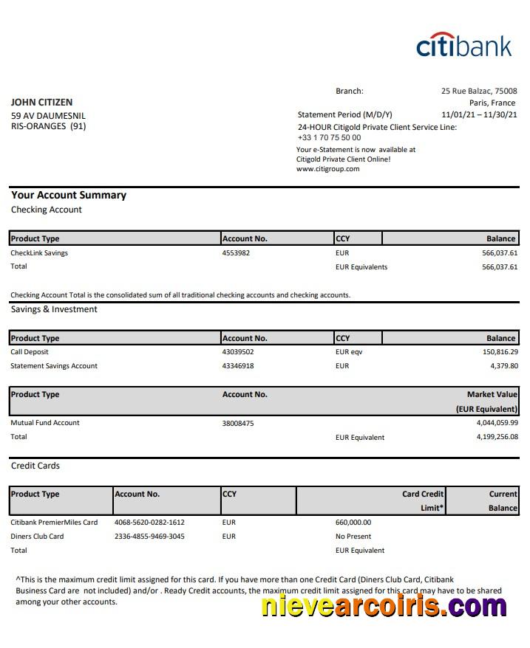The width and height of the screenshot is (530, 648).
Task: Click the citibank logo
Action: [x=463, y=45]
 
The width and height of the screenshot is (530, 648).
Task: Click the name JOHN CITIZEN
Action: [x=42, y=103]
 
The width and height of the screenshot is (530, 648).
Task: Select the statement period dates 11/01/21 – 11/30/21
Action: [x=479, y=115]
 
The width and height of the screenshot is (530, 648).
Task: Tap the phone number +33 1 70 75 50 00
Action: [x=329, y=137]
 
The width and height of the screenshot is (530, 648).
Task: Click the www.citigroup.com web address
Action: [x=327, y=169]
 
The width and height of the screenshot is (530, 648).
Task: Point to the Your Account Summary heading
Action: [x=69, y=196]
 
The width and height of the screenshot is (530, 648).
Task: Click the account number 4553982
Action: [x=236, y=253]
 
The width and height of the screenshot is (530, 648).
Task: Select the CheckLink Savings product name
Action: [x=39, y=253]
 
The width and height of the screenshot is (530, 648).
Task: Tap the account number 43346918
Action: [x=238, y=366]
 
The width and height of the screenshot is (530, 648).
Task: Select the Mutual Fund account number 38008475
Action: [x=238, y=423]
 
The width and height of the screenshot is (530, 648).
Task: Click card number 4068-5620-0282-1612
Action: [x=149, y=523]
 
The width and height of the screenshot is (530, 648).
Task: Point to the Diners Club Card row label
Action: [x=37, y=537]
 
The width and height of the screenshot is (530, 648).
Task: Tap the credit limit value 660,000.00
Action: [x=353, y=523]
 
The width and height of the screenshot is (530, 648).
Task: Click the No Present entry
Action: [x=353, y=537]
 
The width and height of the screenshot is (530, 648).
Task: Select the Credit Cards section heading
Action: [x=35, y=466]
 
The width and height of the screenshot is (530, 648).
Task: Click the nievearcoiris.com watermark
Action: [x=384, y=606]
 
